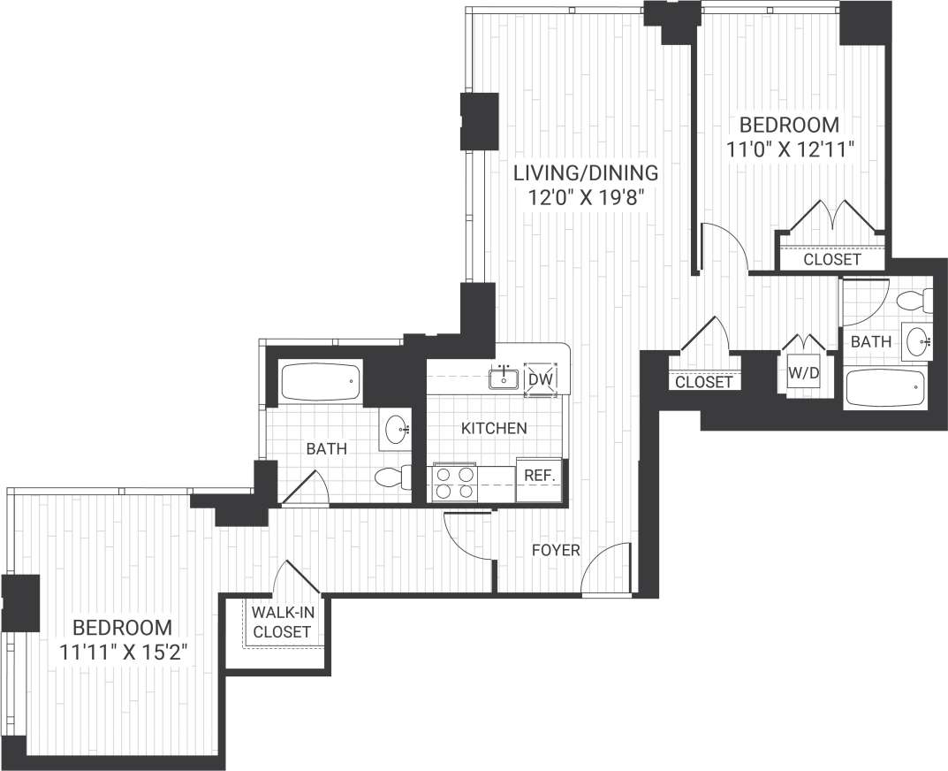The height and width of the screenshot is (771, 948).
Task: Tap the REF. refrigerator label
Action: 539,475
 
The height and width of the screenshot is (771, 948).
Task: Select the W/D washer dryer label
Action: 803,373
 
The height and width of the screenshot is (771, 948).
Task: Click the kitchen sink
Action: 504,378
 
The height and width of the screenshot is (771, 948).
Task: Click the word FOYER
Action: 556,551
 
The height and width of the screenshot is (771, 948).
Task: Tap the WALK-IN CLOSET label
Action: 281,622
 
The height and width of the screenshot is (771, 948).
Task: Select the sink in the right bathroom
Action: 917,340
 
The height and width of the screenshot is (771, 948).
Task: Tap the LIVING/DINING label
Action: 586,172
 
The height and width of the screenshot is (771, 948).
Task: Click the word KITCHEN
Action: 494,428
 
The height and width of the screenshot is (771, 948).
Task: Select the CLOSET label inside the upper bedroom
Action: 831,260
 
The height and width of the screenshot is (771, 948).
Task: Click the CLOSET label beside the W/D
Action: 703,382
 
